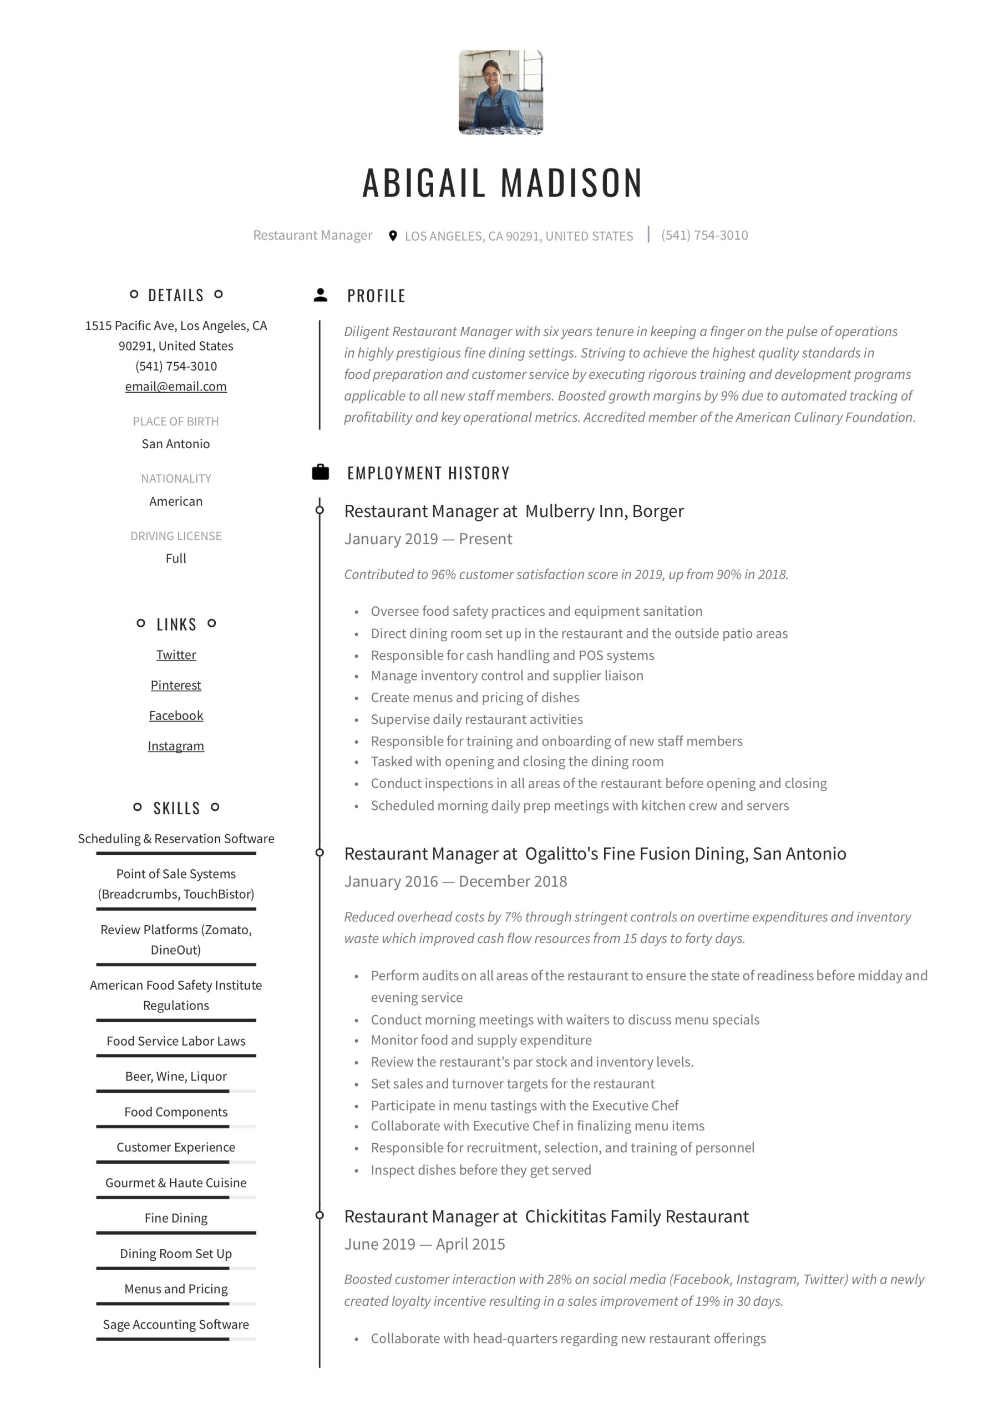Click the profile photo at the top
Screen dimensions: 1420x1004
tap(500, 92)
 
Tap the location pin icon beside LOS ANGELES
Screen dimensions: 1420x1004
tap(392, 236)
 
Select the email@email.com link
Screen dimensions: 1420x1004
tap(176, 387)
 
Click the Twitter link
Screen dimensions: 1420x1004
tap(176, 655)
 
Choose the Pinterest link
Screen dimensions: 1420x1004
tap(176, 684)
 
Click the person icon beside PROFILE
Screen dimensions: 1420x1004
tap(321, 295)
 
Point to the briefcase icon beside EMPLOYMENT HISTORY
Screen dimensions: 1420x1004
tap(321, 473)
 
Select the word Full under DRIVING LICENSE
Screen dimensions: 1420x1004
tap(176, 558)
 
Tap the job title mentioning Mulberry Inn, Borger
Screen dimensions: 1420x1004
tap(514, 511)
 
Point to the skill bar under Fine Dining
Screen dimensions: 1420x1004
tap(176, 1233)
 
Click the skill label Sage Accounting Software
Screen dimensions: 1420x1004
tap(176, 1324)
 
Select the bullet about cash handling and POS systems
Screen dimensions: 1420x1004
tap(512, 655)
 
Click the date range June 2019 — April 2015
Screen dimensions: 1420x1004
tap(424, 1244)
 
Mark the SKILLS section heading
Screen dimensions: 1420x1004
tap(176, 808)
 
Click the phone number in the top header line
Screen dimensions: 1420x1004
tap(704, 235)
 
